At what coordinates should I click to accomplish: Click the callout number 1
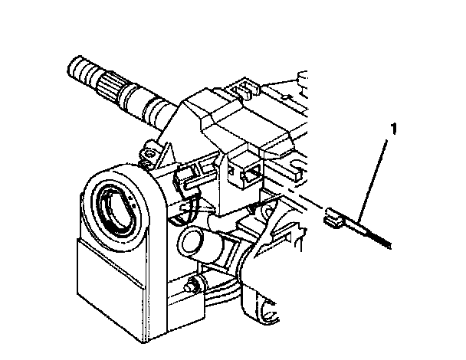[x=393, y=129]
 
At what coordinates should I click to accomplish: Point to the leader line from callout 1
[x=372, y=182]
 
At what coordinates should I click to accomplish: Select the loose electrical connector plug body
[x=335, y=218]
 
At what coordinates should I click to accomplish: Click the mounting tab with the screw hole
[x=149, y=152]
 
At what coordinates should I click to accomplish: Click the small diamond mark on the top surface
[x=285, y=97]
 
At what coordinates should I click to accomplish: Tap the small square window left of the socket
[x=231, y=171]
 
